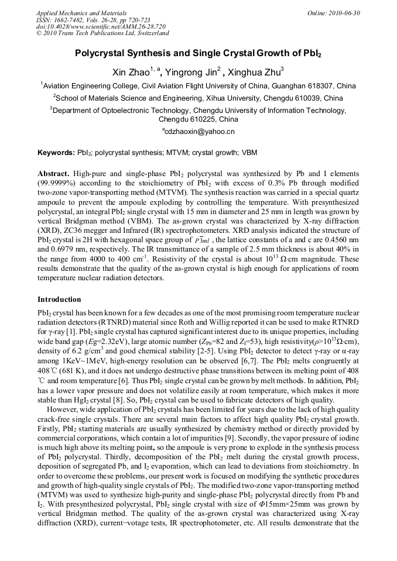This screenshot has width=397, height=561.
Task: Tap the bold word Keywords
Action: coord(56,153)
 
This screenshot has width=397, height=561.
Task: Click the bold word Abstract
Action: coord(53,174)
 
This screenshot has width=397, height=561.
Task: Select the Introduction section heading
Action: coord(59,300)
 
